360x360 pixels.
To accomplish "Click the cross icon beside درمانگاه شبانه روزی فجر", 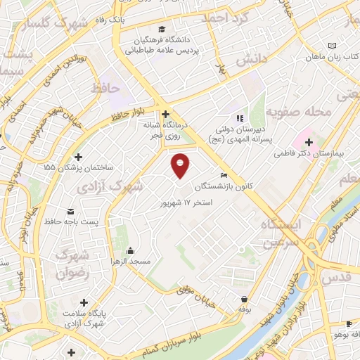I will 165,114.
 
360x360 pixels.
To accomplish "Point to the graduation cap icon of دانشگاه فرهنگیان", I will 163,30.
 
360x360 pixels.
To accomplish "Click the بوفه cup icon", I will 244,299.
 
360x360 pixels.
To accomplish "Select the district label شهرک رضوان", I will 77,264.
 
